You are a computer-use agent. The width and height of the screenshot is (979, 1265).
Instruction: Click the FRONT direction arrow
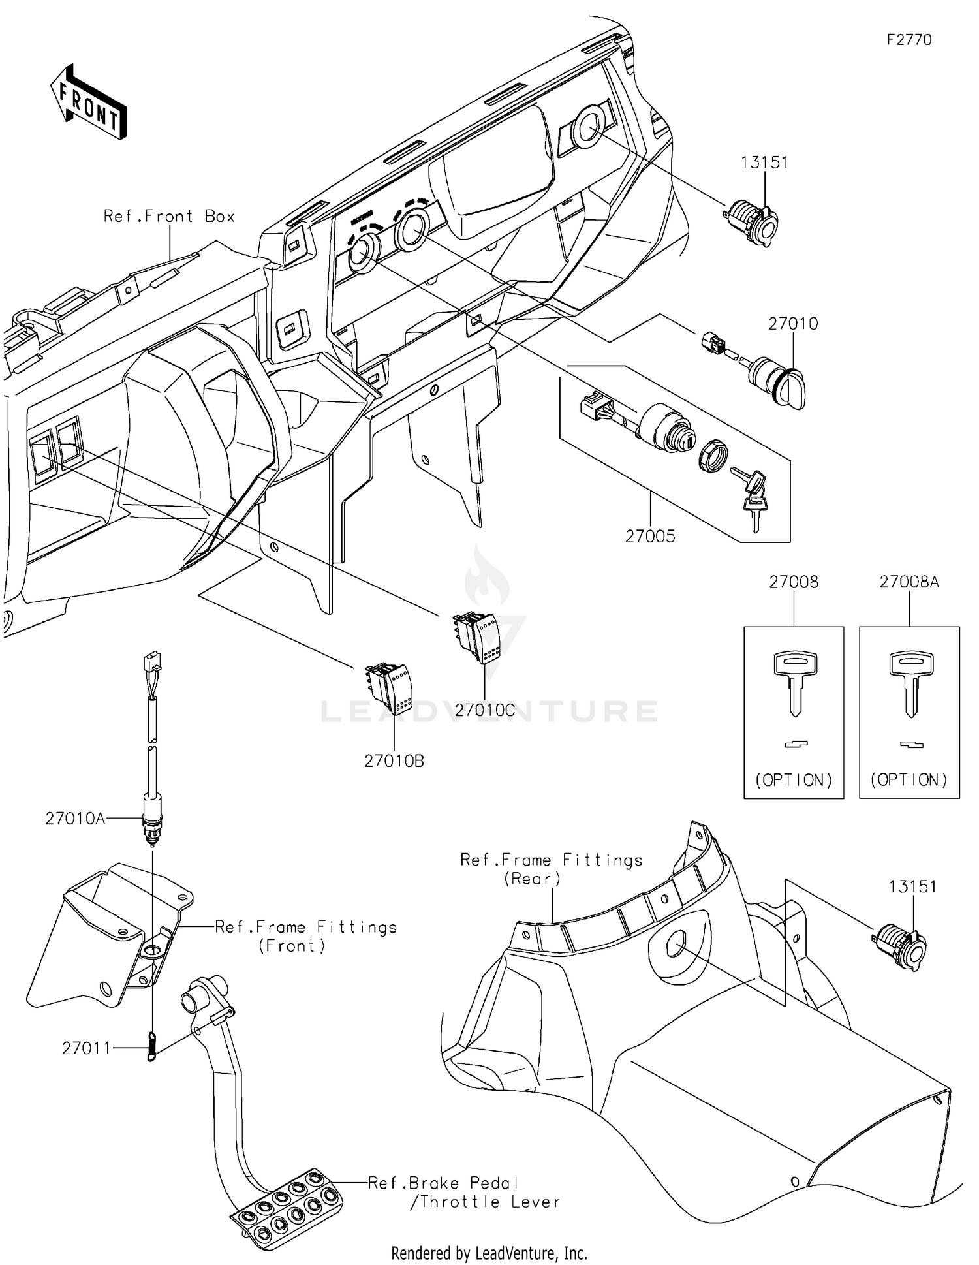89,102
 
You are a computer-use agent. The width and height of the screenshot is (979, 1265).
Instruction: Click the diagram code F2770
909,40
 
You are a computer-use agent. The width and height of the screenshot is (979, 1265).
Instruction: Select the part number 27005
650,536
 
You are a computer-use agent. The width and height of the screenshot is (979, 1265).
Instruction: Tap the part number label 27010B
394,761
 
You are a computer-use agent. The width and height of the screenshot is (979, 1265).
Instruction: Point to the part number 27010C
485,710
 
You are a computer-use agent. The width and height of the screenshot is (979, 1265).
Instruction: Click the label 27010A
75,819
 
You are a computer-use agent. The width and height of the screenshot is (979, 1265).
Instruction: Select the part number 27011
86,1048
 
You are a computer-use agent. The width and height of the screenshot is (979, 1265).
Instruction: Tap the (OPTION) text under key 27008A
909,780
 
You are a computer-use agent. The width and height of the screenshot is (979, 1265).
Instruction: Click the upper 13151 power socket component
753,223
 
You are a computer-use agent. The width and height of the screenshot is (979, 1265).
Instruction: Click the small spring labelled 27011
152,1046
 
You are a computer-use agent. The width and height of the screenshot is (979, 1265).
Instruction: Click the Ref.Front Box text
169,217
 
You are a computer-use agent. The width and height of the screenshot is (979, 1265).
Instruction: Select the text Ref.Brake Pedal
444,1183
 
